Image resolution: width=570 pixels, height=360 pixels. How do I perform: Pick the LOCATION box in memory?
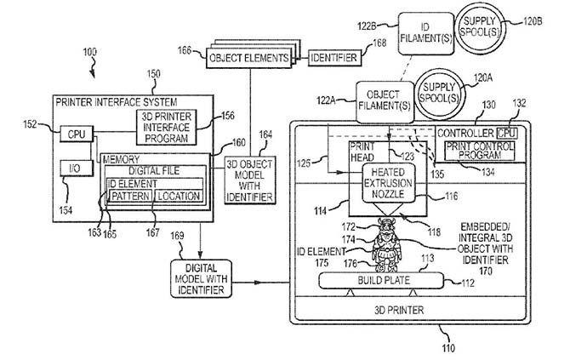(x=178, y=196)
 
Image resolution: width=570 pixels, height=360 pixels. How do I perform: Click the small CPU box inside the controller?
(x=506, y=133)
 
